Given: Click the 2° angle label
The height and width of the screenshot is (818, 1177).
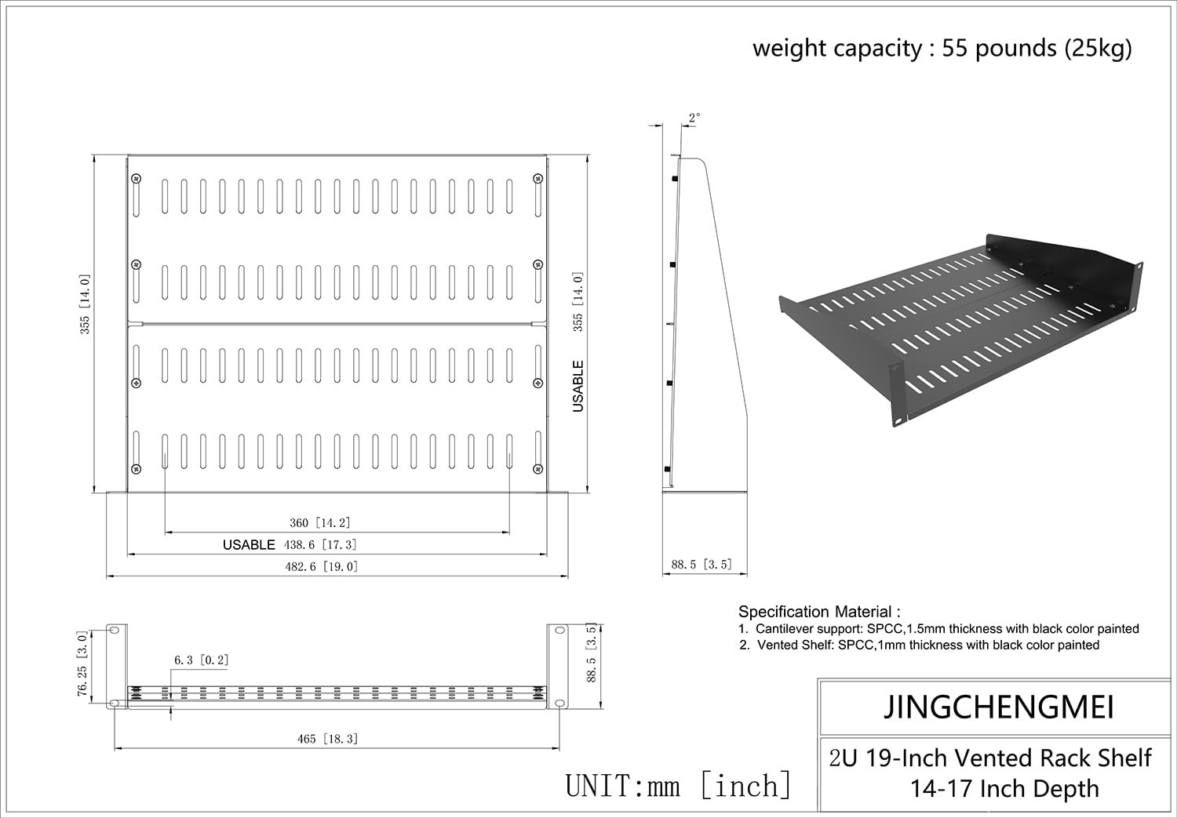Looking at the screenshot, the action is click(694, 118).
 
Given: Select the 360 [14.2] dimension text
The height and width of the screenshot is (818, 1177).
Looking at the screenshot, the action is click(320, 523).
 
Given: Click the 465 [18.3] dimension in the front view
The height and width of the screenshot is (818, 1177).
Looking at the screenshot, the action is click(328, 739).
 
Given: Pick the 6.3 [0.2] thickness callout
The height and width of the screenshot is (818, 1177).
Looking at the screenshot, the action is click(202, 660).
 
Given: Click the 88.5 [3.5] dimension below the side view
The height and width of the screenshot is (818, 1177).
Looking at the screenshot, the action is click(701, 564).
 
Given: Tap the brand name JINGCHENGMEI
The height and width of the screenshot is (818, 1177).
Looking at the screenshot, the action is click(999, 707).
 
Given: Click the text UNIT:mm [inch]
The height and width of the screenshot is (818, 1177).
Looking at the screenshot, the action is click(679, 785).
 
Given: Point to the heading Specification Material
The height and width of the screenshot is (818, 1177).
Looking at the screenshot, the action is click(819, 612).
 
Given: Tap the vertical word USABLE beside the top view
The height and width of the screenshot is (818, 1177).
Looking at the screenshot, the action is click(578, 386).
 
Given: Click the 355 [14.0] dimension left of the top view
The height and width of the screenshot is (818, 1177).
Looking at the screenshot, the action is click(85, 304).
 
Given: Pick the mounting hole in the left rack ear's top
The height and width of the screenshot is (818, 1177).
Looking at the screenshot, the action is click(115, 631).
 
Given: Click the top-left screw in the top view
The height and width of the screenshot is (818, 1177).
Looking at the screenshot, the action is click(137, 179).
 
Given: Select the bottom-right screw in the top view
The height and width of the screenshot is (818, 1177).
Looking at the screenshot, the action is click(537, 469).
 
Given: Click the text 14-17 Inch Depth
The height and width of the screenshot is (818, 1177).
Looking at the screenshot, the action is click(1004, 789).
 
